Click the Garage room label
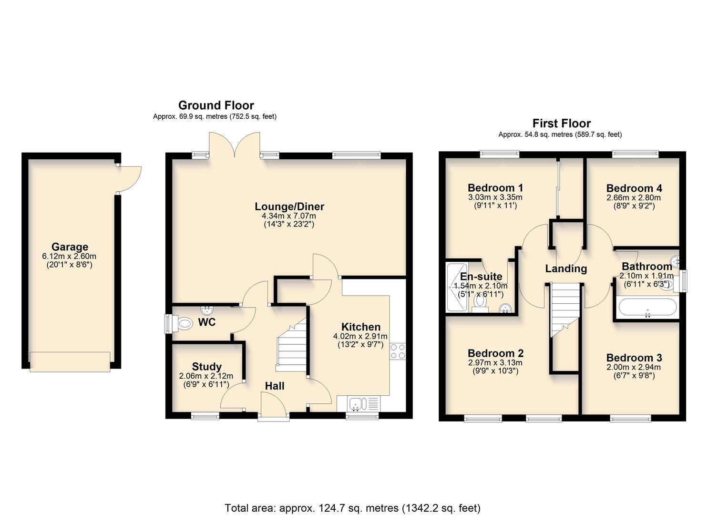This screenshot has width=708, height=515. (70, 247)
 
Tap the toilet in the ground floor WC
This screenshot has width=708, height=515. (182, 324)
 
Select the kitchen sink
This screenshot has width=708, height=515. (356, 404)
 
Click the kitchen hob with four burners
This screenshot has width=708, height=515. (398, 351)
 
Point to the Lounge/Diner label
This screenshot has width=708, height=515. (289, 206)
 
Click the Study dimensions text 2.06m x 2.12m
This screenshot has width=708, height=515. (206, 376)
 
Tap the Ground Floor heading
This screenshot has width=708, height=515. (216, 105)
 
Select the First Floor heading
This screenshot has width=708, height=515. (561, 124)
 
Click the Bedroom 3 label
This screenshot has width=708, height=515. (634, 358)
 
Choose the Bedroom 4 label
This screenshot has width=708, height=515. (634, 188)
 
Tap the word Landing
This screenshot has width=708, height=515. (566, 268)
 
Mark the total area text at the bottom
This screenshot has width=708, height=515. (352, 508)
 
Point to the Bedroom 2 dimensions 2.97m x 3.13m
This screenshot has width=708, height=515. (495, 362)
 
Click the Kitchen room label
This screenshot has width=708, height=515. (361, 327)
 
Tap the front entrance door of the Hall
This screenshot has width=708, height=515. (273, 405)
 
